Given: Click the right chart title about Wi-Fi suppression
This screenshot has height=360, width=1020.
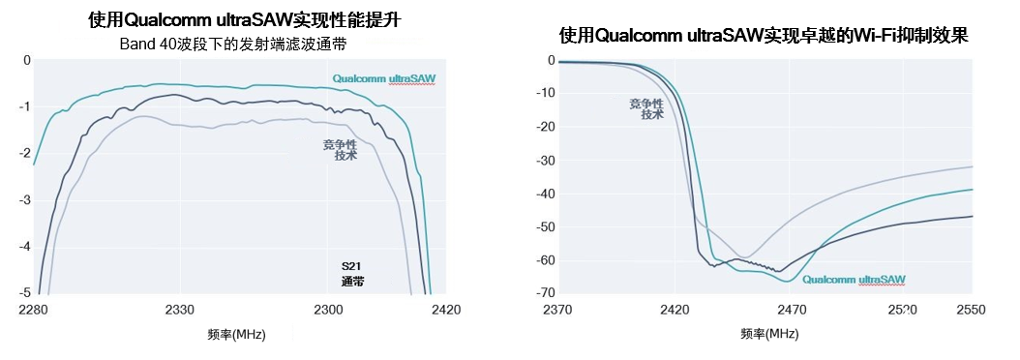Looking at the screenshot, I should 764,36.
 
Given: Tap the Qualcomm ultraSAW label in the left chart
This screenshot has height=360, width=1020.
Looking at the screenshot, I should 383,78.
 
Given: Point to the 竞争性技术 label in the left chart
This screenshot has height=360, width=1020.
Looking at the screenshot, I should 340,150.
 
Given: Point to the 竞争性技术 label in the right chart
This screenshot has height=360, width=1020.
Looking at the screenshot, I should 646,108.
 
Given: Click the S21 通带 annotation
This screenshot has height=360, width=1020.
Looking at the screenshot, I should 353,273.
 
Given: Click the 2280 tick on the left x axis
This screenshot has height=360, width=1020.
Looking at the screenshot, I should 33,310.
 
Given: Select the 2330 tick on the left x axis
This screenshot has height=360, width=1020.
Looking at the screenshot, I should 181,310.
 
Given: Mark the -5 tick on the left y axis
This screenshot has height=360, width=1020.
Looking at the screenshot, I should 26,292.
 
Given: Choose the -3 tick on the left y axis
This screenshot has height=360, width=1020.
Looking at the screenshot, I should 26,199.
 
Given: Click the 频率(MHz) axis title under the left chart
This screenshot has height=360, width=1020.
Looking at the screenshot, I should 236,334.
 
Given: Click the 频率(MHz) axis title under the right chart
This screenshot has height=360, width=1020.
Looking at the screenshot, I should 769,334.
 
